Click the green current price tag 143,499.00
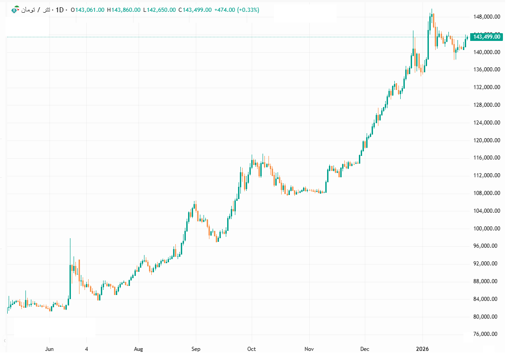click(x=487, y=37)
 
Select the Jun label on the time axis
click(x=50, y=349)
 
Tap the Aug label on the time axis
click(x=139, y=349)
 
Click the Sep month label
click(x=195, y=349)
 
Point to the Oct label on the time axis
click(x=252, y=349)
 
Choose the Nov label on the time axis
click(x=309, y=349)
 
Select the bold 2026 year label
click(x=423, y=349)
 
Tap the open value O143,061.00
click(x=89, y=10)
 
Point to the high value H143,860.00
click(x=124, y=10)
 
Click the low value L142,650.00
click(x=159, y=10)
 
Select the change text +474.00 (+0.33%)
click(x=237, y=10)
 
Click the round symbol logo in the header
click(x=15, y=10)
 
